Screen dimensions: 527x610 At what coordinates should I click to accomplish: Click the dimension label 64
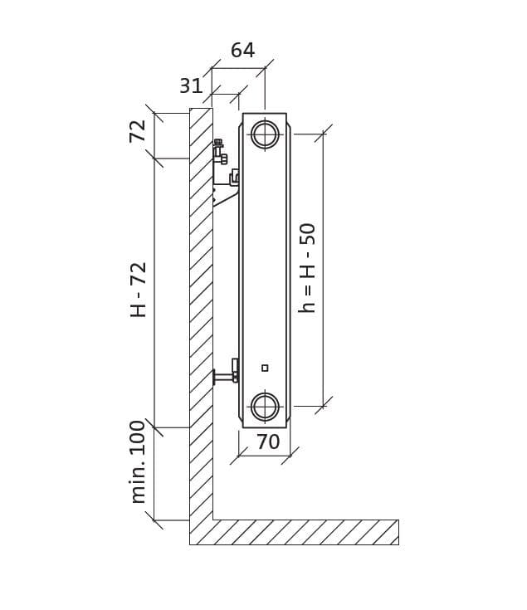[x=242, y=50]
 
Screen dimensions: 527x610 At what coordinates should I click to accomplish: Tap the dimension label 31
[x=191, y=85]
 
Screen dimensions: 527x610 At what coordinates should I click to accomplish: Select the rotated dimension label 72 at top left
[x=138, y=131]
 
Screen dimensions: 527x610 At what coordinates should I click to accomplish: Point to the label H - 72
[x=138, y=290]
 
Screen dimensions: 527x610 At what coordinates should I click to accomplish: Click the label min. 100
[x=138, y=461]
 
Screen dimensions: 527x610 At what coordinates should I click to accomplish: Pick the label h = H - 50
[x=307, y=268]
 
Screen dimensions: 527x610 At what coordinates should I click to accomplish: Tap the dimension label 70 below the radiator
[x=268, y=442]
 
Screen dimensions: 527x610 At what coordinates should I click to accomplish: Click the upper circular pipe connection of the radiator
[x=265, y=134]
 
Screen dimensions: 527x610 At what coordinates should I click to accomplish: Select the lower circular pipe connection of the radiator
[x=265, y=407]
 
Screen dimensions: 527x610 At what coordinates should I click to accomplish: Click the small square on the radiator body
[x=265, y=368]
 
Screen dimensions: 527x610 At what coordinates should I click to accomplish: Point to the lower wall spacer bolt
[x=226, y=375]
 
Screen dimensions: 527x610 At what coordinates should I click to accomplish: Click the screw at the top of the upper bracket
[x=218, y=143]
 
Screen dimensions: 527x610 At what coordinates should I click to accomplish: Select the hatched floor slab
[x=295, y=532]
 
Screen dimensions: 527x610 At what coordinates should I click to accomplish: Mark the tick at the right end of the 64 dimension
[x=265, y=68]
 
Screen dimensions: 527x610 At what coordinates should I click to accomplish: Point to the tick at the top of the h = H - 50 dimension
[x=323, y=134]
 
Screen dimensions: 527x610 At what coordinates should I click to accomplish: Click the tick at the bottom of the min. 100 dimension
[x=154, y=520]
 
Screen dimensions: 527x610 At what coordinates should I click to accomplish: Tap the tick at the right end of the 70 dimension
[x=290, y=456]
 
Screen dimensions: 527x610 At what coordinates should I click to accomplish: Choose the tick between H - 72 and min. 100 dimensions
[x=154, y=427]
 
